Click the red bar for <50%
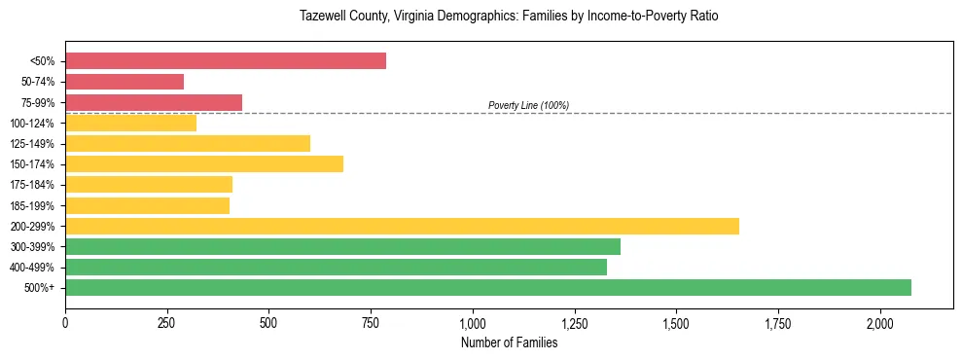point(226,61)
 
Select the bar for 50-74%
point(125,82)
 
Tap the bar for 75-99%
point(154,102)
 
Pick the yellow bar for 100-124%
point(130,123)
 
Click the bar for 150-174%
point(204,163)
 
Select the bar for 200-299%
point(402,226)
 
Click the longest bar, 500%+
point(488,287)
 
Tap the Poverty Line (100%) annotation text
point(528,105)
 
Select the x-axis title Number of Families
point(510,342)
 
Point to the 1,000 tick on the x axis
point(473,323)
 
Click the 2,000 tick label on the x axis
point(880,323)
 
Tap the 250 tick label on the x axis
point(167,323)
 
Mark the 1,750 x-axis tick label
point(778,323)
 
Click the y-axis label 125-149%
point(32,144)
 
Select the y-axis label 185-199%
point(32,205)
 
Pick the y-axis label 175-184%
point(32,185)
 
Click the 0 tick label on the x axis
point(65,323)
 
